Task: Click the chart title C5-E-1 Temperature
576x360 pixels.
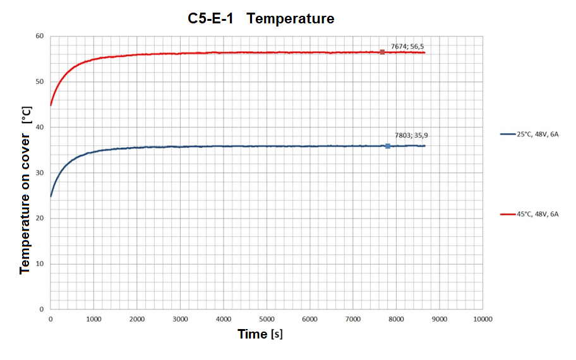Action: click(x=261, y=19)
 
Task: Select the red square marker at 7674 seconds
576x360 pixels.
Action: click(x=382, y=52)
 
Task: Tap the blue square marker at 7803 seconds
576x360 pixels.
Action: click(x=388, y=146)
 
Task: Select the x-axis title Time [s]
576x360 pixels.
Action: click(x=260, y=334)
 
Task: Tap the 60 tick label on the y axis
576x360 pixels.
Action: click(x=39, y=36)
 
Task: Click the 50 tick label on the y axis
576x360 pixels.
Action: click(x=39, y=81)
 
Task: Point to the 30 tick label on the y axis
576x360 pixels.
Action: click(x=39, y=172)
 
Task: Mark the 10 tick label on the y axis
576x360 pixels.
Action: click(x=39, y=264)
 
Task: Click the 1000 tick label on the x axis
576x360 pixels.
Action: click(x=93, y=320)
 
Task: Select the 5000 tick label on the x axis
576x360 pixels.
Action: click(x=267, y=320)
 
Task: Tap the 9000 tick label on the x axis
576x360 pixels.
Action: click(x=440, y=320)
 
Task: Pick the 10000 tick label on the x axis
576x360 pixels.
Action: click(x=483, y=320)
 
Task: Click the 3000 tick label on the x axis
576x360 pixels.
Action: click(x=180, y=320)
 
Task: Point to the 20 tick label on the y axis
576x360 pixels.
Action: click(x=39, y=219)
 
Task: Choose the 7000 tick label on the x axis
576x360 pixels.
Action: click(x=353, y=320)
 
